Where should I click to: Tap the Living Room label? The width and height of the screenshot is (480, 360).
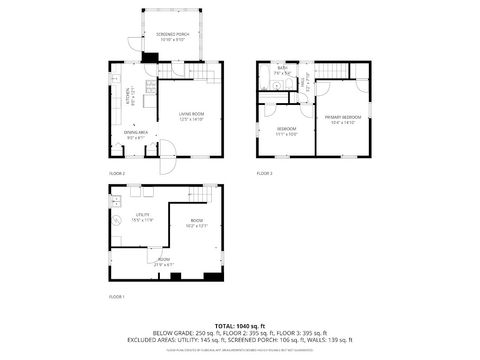tap(190, 118)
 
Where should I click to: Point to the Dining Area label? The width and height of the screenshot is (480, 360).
tap(136, 135)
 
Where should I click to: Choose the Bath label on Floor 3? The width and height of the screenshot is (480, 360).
tap(283, 70)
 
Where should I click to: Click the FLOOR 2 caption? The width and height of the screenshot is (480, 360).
tap(116, 173)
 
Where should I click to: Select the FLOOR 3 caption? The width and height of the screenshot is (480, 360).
tap(264, 173)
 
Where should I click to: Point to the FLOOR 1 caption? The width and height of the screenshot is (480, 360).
tap(116, 297)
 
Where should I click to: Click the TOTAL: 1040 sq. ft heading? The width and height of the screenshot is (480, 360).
tap(240, 326)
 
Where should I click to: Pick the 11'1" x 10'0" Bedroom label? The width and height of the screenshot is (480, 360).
tap(286, 130)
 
